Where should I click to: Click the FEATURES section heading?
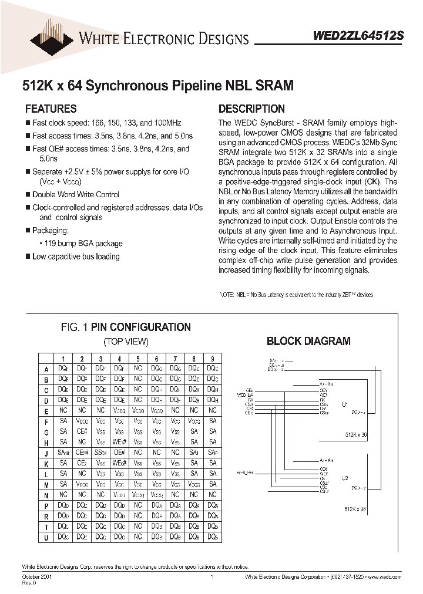click(51, 109)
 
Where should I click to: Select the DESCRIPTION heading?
click(251, 109)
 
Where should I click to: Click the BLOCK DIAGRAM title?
click(308, 341)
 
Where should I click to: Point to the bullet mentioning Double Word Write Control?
click(75, 194)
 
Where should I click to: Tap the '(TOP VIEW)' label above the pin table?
click(126, 341)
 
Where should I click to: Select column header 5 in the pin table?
click(138, 359)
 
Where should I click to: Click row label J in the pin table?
click(46, 453)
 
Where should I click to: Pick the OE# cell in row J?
click(119, 453)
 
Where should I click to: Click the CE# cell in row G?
click(82, 431)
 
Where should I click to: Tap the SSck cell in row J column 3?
click(100, 453)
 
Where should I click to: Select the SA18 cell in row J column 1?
click(63, 453)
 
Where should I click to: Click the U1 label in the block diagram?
click(344, 404)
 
